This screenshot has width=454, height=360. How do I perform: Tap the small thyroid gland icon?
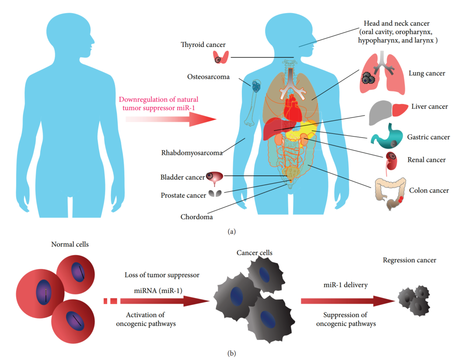(221, 57)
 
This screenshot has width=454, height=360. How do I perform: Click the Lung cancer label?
(426, 73)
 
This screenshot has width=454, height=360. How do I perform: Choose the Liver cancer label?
(430, 107)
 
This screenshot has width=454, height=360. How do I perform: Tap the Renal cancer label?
(426, 160)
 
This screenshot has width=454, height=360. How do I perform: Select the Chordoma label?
(197, 217)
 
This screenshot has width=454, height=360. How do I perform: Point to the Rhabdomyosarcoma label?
(192, 153)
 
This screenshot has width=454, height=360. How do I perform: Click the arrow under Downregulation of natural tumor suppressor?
(171, 119)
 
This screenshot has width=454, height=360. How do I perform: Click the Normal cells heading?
(70, 244)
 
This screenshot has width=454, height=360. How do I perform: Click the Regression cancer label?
(409, 260)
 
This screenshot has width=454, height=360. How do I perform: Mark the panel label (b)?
(232, 352)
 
